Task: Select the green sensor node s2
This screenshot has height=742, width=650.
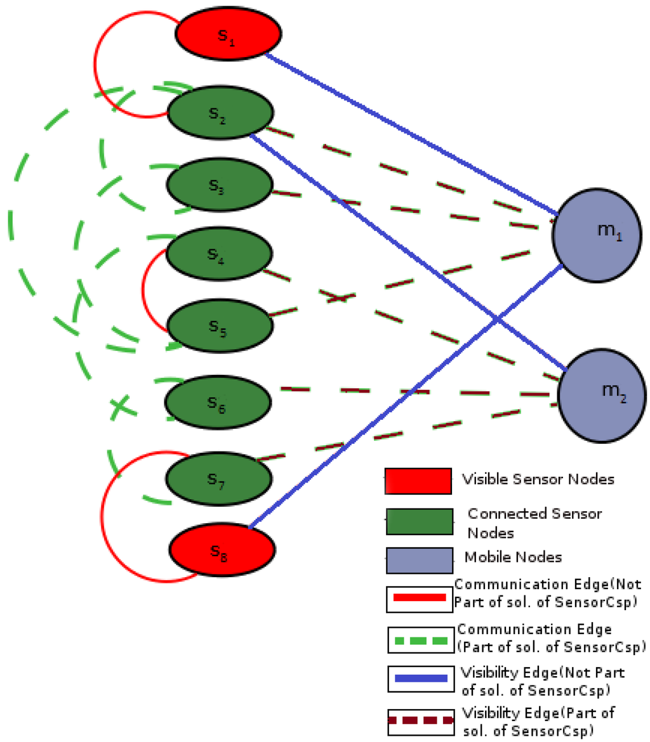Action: (x=220, y=113)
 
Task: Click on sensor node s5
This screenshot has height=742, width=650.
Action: (x=220, y=325)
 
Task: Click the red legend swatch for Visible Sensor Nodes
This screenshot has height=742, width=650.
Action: (x=418, y=481)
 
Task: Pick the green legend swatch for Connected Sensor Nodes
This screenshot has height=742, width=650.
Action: (x=420, y=521)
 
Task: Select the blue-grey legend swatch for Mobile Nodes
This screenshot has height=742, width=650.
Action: (x=420, y=559)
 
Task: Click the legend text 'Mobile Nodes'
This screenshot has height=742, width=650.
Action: (x=513, y=558)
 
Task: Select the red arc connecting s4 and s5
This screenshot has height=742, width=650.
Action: (x=144, y=289)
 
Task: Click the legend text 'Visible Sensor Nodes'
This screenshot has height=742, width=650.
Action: (x=538, y=479)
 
